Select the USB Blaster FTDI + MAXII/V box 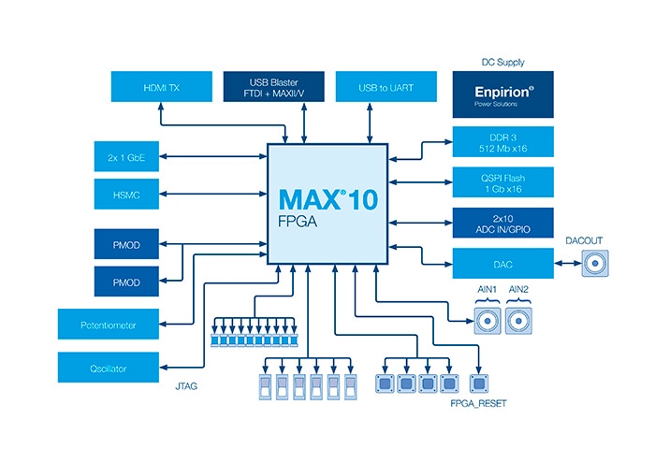pos(278,87)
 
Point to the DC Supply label pos(502,62)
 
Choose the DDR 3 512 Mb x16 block pos(503,141)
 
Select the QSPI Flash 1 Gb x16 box pos(503,181)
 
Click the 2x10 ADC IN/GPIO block pos(503,222)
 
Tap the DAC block pos(503,263)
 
